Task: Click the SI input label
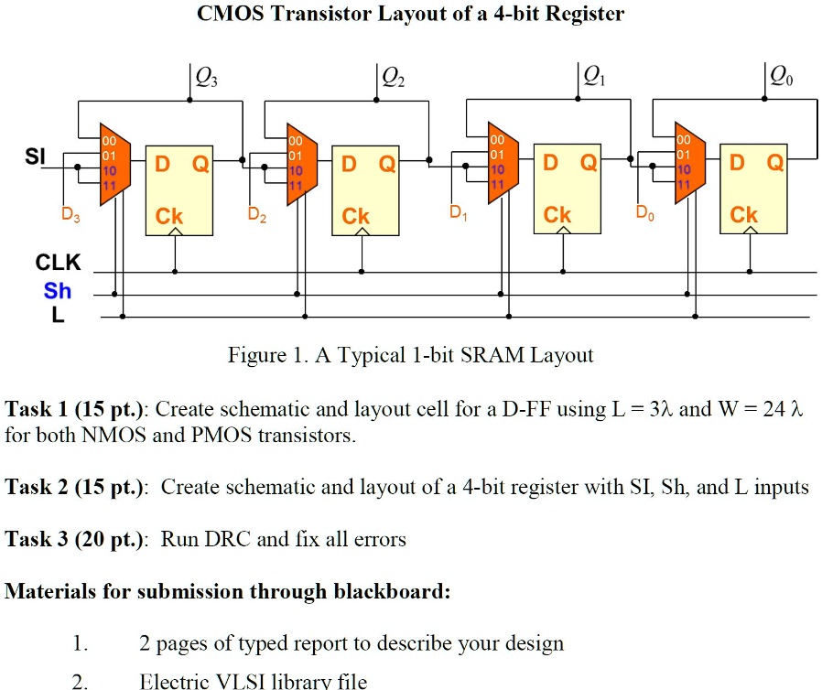point(34,156)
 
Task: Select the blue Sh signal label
point(57,291)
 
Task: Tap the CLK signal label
point(59,264)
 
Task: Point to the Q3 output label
point(206,79)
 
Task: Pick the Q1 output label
point(594,78)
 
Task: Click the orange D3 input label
point(70,217)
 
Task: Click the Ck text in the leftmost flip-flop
point(169,216)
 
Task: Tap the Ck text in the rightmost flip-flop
point(743,215)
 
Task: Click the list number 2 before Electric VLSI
point(80,680)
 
